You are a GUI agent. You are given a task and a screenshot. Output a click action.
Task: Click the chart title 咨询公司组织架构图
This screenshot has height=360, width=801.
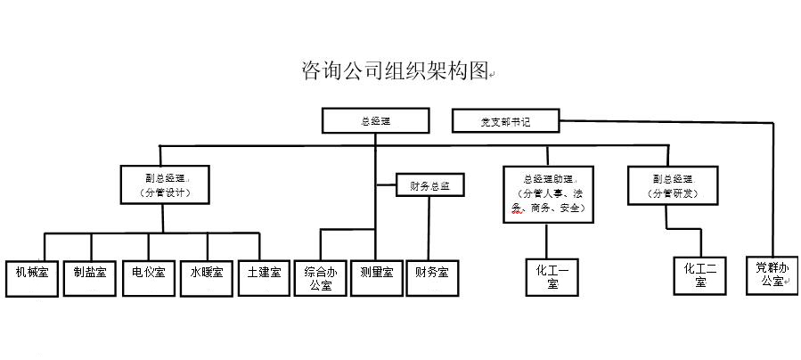[x=395, y=71]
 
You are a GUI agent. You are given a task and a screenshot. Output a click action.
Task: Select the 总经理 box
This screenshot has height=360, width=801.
[x=375, y=120]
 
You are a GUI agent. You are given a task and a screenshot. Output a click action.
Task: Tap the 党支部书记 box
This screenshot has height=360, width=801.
[x=505, y=120]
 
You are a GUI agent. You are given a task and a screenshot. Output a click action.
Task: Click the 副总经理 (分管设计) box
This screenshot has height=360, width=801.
[x=166, y=183]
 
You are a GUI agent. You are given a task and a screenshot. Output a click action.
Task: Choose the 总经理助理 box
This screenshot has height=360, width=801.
[x=547, y=192]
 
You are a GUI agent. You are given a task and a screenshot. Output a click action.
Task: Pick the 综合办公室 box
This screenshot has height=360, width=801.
[x=321, y=278]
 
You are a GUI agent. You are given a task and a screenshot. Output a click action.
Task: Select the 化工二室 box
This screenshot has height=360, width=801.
[x=701, y=274]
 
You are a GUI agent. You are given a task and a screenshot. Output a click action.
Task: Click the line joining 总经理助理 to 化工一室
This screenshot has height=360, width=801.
[x=546, y=238]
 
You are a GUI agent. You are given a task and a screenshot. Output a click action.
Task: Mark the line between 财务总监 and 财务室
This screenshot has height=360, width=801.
[x=430, y=227]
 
